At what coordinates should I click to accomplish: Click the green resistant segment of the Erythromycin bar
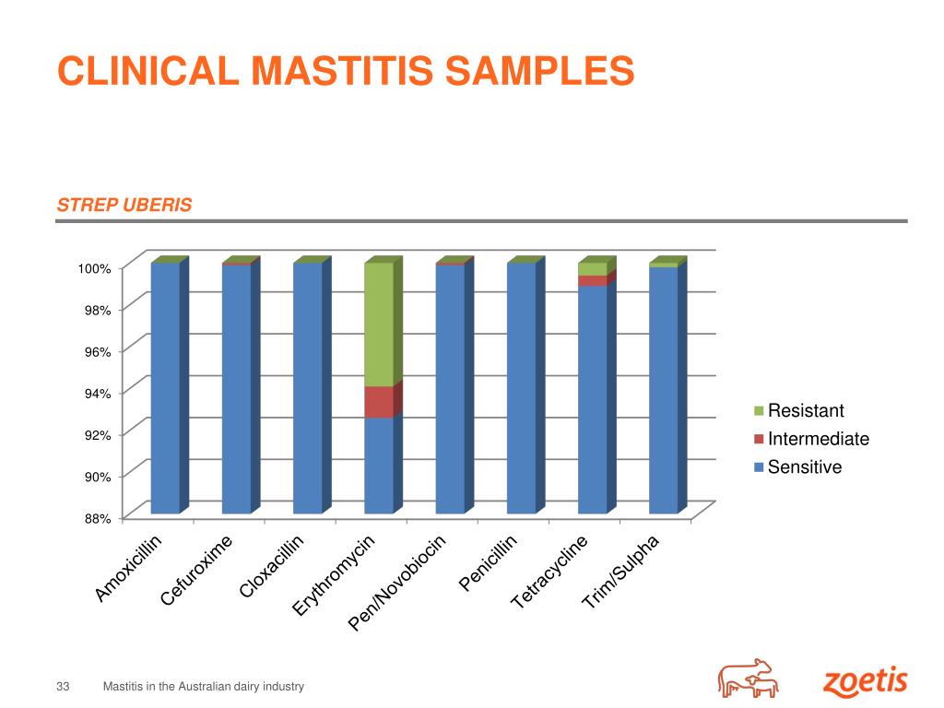click(378, 324)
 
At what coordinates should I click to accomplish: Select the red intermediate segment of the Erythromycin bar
click(378, 402)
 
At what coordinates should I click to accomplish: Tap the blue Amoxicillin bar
click(165, 387)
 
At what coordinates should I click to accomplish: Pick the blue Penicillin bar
click(521, 387)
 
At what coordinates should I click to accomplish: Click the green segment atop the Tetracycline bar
click(592, 268)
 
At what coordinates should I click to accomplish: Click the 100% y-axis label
click(94, 268)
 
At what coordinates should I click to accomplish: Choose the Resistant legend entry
click(805, 411)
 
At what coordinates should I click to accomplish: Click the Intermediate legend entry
click(817, 439)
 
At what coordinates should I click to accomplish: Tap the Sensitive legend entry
click(804, 467)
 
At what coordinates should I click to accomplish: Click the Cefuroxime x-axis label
click(196, 571)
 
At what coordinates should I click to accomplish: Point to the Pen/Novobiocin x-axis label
click(397, 584)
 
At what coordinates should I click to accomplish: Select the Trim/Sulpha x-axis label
click(621, 572)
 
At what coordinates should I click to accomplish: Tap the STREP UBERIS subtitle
click(124, 205)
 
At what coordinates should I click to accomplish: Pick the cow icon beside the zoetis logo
click(748, 679)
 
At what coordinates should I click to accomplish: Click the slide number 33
click(64, 687)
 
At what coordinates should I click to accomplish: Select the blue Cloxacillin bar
click(307, 387)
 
